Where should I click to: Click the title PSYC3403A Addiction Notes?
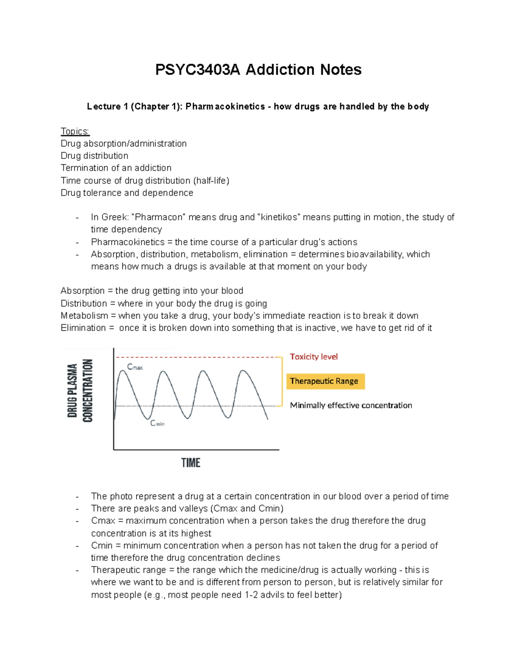click(x=258, y=70)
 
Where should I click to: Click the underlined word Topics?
click(x=75, y=131)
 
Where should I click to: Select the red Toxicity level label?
click(x=314, y=357)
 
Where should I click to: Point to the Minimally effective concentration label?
click(x=351, y=405)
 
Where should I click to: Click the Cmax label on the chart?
click(x=134, y=367)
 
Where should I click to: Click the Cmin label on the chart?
click(x=157, y=423)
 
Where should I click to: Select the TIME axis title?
click(x=191, y=463)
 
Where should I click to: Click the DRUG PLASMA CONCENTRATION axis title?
click(x=80, y=391)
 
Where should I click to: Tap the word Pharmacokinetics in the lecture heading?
click(x=225, y=106)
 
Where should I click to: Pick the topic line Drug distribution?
click(x=94, y=156)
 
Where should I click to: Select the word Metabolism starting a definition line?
click(x=84, y=316)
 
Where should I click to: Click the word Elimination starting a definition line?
click(x=83, y=328)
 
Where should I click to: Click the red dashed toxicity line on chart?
click(x=198, y=357)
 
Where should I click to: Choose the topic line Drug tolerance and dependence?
click(x=127, y=193)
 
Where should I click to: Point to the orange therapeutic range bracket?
click(x=282, y=381)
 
